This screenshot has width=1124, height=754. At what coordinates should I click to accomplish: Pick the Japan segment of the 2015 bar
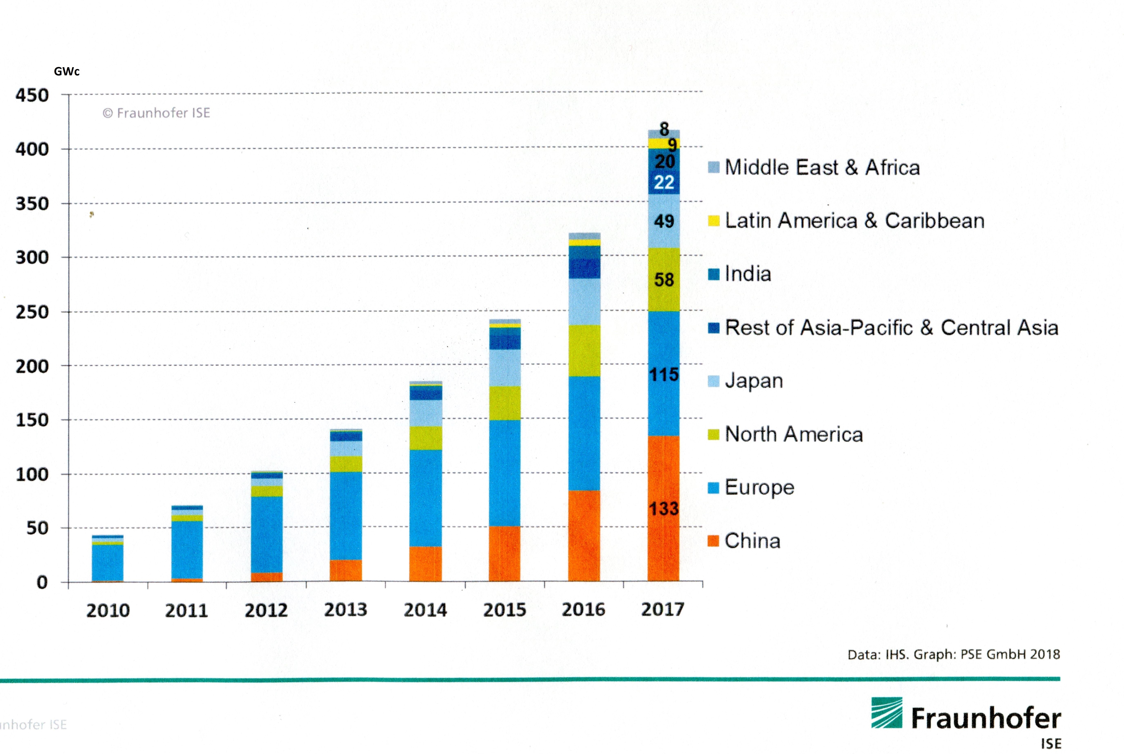(505, 368)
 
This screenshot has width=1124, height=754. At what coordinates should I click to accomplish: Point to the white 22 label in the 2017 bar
(664, 182)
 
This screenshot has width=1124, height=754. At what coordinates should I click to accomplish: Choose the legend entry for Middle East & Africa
(822, 167)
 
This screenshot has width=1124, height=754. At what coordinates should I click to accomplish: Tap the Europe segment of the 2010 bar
(108, 563)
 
